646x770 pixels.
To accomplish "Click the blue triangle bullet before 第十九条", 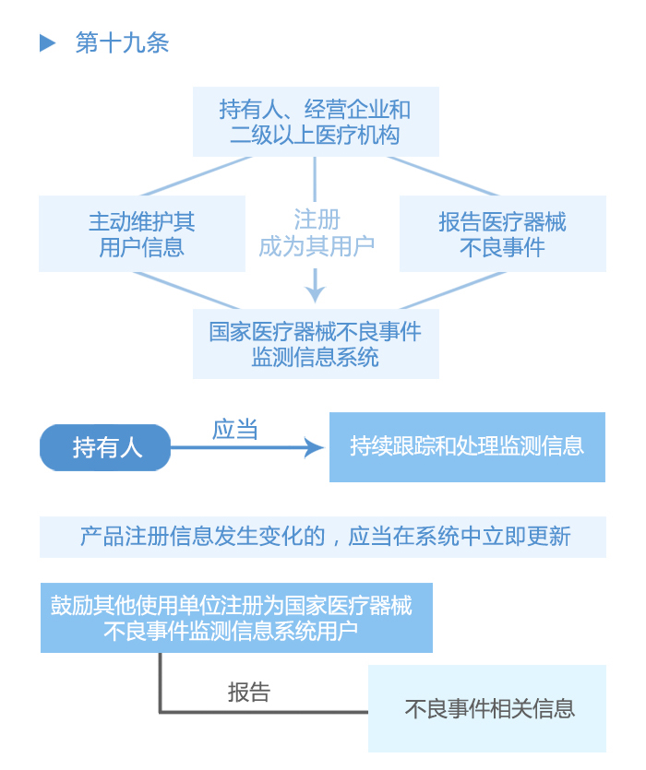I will pyautogui.click(x=48, y=43).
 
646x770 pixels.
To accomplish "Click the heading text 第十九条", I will pyautogui.click(x=122, y=43).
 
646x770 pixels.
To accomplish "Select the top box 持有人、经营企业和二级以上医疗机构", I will pyautogui.click(x=316, y=122).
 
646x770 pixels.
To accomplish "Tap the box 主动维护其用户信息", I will pyautogui.click(x=142, y=234).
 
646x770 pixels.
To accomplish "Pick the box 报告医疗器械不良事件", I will pyautogui.click(x=502, y=234).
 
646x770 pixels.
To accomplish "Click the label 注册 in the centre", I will pyautogui.click(x=317, y=219).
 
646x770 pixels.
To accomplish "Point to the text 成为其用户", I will pyautogui.click(x=317, y=247).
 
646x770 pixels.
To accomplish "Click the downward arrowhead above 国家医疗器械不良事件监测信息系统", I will pyautogui.click(x=316, y=293).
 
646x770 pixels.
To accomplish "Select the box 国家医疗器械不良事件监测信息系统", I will pyautogui.click(x=316, y=343).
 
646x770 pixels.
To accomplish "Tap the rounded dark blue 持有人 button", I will pyautogui.click(x=105, y=448).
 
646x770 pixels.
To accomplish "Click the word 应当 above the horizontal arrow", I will pyautogui.click(x=235, y=429).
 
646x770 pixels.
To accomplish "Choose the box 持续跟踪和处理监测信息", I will pyautogui.click(x=467, y=447).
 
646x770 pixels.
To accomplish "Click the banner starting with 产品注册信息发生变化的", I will pyautogui.click(x=323, y=537).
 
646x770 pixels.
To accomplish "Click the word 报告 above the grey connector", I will pyautogui.click(x=249, y=692).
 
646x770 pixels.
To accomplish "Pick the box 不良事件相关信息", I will pyautogui.click(x=487, y=708).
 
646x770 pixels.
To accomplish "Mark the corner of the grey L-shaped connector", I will pyautogui.click(x=161, y=711).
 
